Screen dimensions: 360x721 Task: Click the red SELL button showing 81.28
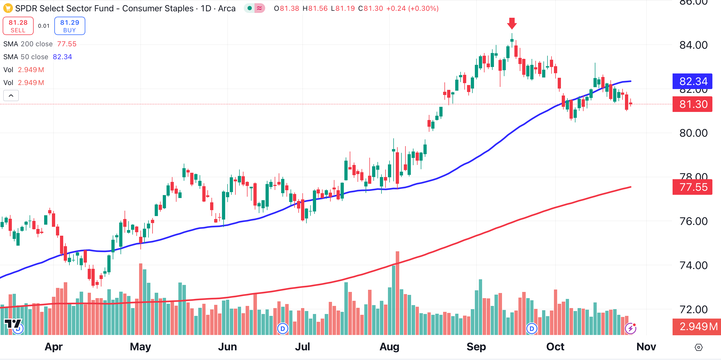[x=18, y=26]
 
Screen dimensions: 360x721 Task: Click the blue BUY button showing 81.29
[x=70, y=26]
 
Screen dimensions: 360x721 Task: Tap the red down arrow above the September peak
[x=512, y=23]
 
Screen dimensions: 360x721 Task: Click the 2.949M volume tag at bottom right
[x=697, y=326]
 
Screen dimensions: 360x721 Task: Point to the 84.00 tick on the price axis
[x=693, y=45]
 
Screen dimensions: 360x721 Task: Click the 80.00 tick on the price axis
[x=693, y=133]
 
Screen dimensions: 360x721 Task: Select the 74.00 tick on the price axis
[x=693, y=265]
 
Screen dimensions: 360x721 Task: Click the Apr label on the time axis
[x=54, y=347]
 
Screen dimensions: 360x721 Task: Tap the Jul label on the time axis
[x=302, y=347]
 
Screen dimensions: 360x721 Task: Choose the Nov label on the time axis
[x=646, y=347]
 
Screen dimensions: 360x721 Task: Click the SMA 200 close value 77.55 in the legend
[x=67, y=44]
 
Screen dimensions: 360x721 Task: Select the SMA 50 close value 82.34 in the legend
[x=62, y=57]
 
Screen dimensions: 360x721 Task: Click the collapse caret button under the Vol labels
[x=11, y=96]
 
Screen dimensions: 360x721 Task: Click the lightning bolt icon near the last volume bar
[x=631, y=328]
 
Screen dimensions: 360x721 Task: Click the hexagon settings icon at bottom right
[x=698, y=347]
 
